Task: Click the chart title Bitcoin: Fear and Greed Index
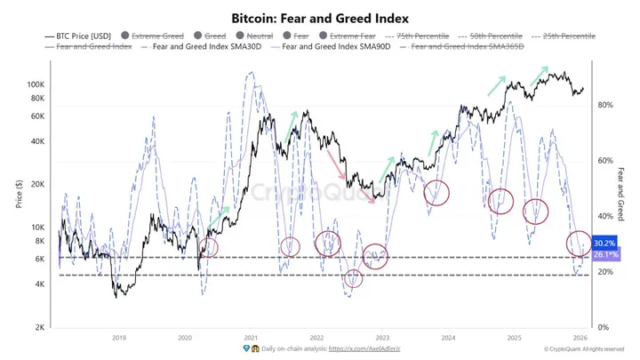(x=319, y=17)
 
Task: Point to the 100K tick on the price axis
(x=36, y=84)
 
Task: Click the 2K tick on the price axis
(x=38, y=327)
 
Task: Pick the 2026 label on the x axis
(x=579, y=338)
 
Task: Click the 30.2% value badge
(x=604, y=243)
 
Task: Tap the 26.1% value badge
(x=604, y=254)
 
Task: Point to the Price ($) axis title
(x=18, y=194)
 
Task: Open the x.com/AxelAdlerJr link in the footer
(x=364, y=350)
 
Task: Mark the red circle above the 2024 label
(x=437, y=192)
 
